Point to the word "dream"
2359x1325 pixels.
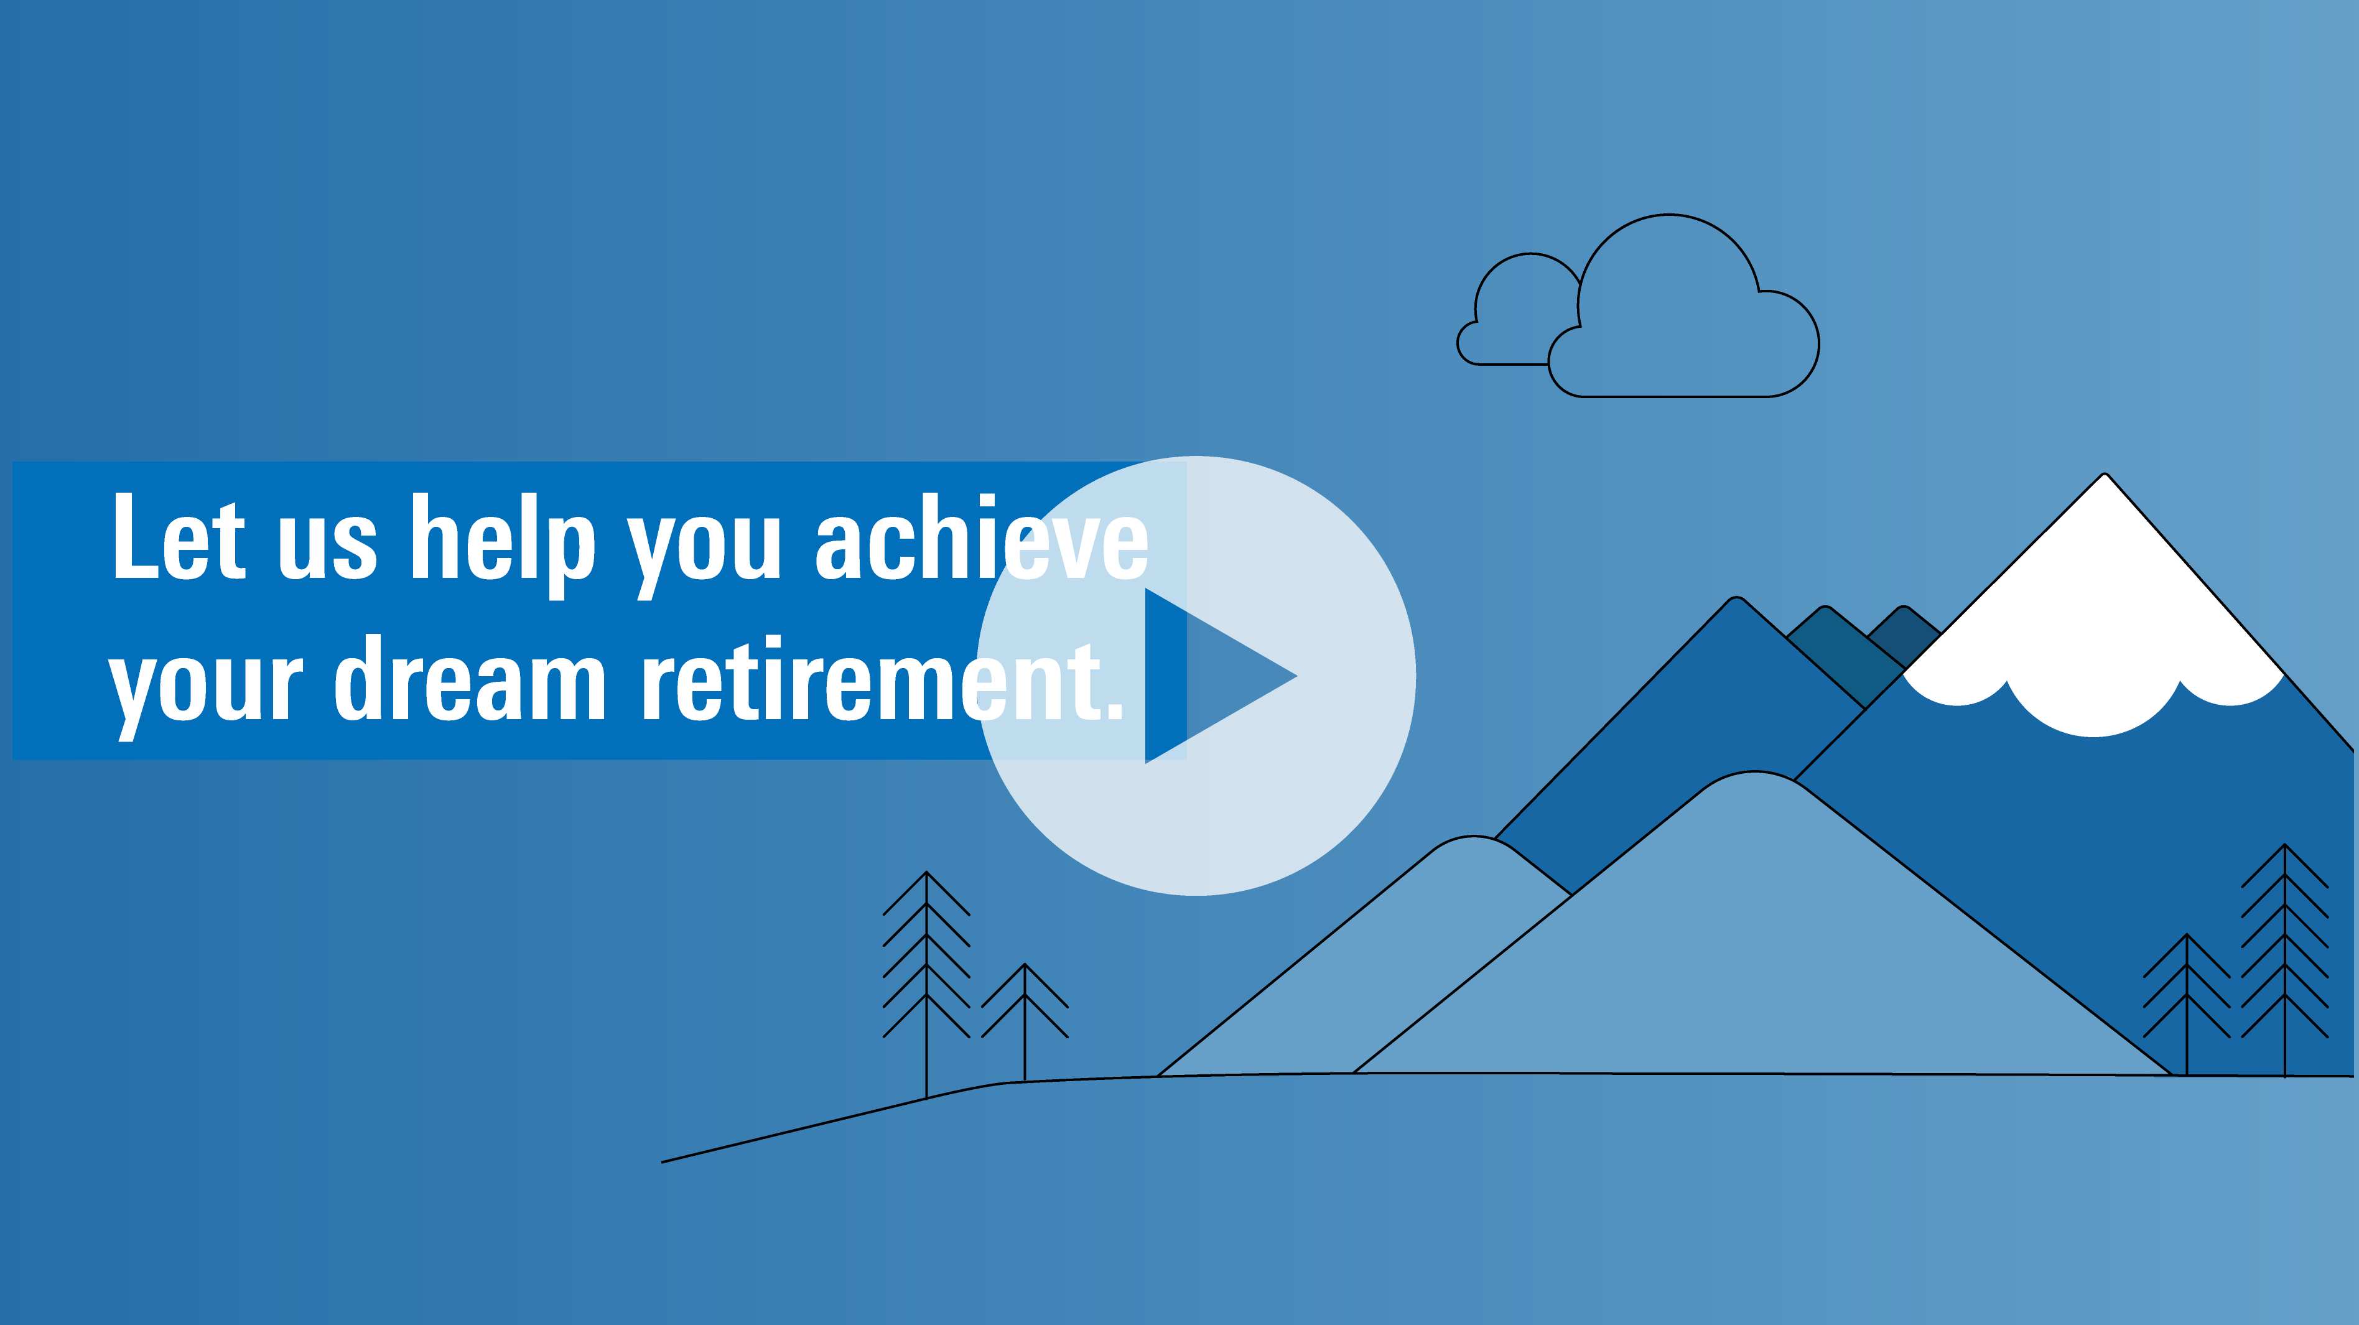pos(470,677)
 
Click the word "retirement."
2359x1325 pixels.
pos(882,677)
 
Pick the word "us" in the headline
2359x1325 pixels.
pos(328,549)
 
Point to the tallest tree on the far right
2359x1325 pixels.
pos(2285,960)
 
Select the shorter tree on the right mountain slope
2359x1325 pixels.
pos(2187,1003)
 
